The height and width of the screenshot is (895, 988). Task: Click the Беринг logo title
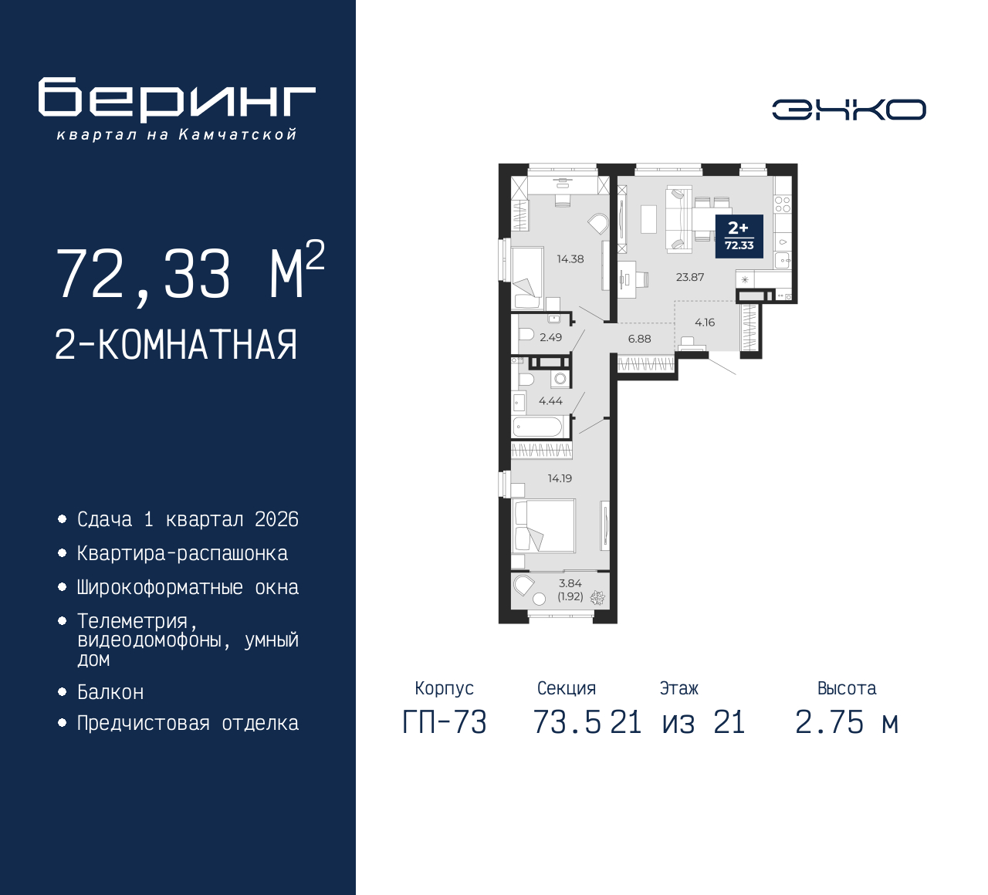point(177,99)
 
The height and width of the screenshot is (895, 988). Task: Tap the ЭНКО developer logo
point(848,110)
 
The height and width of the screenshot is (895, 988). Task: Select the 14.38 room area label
point(570,259)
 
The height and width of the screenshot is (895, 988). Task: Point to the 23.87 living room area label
point(689,277)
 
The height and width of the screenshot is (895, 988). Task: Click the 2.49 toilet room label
point(550,337)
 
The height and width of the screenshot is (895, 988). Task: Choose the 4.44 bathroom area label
point(550,400)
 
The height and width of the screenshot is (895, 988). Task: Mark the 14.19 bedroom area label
point(560,478)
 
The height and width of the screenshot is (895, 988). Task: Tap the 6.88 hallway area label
point(639,339)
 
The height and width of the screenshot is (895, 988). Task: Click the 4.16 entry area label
point(705,323)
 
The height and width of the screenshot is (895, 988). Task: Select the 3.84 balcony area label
point(570,583)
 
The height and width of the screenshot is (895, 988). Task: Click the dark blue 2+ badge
point(739,236)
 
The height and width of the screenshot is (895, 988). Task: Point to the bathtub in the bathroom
point(537,427)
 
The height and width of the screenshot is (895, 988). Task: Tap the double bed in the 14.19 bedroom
point(543,525)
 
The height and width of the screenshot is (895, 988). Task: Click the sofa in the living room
point(678,218)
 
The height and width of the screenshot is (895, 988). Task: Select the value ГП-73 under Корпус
point(445,723)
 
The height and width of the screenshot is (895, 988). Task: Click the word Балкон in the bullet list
point(111,692)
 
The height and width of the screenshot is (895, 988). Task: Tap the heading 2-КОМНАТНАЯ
point(176,345)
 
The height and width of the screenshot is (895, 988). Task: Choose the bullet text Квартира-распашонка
point(182,554)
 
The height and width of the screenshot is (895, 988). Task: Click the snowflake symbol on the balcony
point(597,598)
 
